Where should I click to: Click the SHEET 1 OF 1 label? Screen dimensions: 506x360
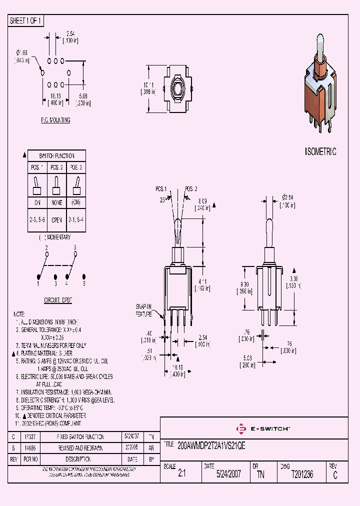(x=26, y=21)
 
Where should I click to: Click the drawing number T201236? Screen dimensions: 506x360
(x=302, y=474)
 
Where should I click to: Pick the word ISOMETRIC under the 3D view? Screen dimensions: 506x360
(x=320, y=151)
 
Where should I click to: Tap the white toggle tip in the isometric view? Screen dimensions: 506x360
(x=320, y=42)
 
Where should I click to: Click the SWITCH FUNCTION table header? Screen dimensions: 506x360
(x=56, y=155)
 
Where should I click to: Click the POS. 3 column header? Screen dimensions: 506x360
(x=76, y=167)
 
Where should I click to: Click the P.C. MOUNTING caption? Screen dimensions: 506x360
(x=55, y=120)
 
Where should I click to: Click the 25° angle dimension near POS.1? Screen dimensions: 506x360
(x=162, y=199)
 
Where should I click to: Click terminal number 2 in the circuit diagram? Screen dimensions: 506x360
(x=46, y=247)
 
